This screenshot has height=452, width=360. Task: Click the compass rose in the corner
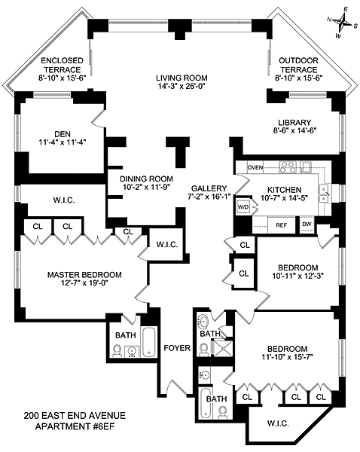coord(343,23)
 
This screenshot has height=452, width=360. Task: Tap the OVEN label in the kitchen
coord(255,167)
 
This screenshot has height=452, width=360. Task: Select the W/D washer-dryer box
coord(243,206)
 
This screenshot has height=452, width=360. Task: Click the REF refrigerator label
coord(282,225)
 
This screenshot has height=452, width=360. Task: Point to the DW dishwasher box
coord(307,224)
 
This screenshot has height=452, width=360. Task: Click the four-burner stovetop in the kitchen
coord(288,167)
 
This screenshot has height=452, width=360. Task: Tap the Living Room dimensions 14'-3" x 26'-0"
coord(182,86)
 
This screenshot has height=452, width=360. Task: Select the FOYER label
coord(177,348)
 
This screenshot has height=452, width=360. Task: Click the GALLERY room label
coord(209,188)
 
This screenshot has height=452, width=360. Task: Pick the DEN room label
coord(63,134)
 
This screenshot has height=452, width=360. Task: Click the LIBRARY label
coord(294,122)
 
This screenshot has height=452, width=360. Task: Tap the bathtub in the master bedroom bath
coord(149,342)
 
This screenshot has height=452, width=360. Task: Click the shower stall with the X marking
coord(223,348)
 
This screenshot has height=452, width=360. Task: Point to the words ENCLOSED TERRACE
coord(63,65)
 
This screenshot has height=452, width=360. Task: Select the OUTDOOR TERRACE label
coord(298,65)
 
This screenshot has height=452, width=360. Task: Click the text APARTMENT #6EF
coord(75,426)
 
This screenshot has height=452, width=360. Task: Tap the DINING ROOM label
coord(146,179)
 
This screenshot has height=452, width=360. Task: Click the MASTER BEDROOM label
coord(84,275)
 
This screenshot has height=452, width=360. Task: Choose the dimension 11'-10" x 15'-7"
coord(288,357)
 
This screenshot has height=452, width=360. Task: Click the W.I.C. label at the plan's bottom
coord(278,423)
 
